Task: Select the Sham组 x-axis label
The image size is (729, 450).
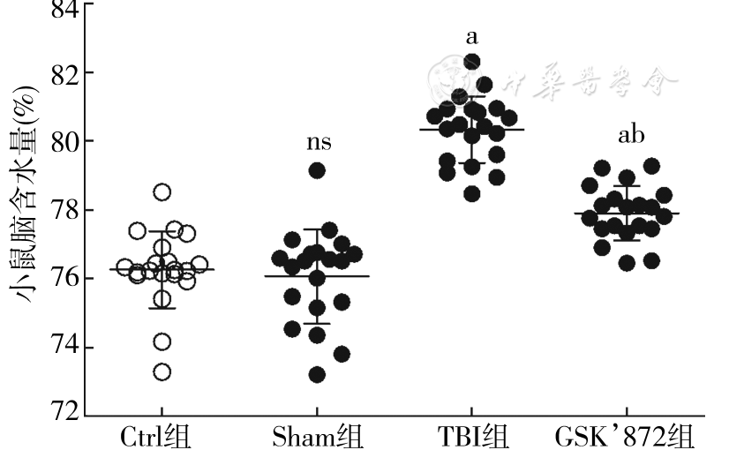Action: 318,436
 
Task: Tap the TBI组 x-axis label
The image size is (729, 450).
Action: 472,436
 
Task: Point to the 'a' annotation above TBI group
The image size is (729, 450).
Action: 472,37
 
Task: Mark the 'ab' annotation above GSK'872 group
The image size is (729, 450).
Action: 630,135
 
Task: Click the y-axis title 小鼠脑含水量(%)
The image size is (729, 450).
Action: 23,212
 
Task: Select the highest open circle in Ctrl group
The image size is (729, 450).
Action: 162,191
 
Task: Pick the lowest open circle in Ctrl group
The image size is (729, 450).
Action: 162,371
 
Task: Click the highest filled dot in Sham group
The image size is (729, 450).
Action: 317,170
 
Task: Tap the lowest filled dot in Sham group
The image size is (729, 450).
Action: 317,374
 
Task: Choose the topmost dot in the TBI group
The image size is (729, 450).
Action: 472,62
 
